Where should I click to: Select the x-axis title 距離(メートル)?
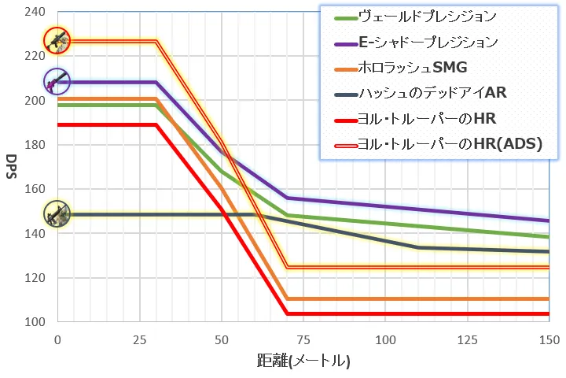[303, 361]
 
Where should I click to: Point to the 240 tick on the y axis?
[35, 12]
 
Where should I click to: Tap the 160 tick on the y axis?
[35, 189]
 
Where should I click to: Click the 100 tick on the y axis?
[35, 322]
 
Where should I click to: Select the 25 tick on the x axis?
[139, 339]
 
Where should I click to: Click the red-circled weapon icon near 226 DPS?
[57, 40]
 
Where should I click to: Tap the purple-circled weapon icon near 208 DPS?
[57, 80]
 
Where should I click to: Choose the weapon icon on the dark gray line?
[57, 213]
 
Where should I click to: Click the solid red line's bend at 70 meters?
[287, 313]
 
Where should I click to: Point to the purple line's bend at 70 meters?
[287, 198]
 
